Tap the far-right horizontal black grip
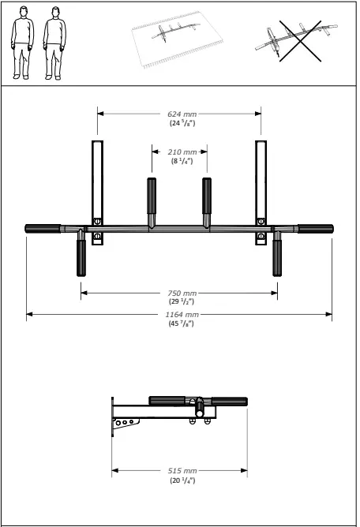coord(315,229)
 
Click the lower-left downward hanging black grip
coord(81,257)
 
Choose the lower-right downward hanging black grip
coord(277,257)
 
